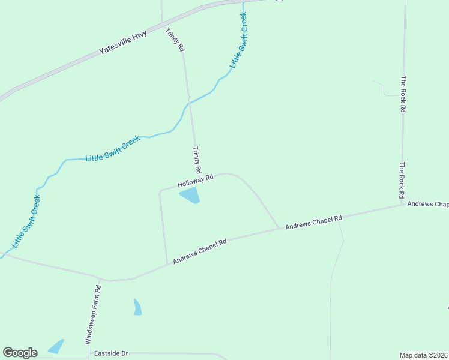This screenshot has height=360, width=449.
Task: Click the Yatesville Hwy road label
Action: pyautogui.click(x=123, y=43)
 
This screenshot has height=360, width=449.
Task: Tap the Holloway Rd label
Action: pyautogui.click(x=196, y=181)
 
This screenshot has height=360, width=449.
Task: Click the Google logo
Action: pyautogui.click(x=20, y=353)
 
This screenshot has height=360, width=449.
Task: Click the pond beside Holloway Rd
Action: pyautogui.click(x=190, y=195)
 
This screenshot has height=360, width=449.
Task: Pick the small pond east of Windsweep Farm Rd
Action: pyautogui.click(x=137, y=307)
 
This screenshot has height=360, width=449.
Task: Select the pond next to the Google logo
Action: pyautogui.click(x=56, y=347)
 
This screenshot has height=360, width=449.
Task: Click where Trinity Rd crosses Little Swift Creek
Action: pyautogui.click(x=189, y=104)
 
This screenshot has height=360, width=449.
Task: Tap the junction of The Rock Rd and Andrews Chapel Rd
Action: pyautogui.click(x=402, y=205)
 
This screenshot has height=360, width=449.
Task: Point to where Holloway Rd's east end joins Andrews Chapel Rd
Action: pyautogui.click(x=279, y=228)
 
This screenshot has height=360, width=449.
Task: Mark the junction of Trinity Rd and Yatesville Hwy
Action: pyautogui.click(x=163, y=25)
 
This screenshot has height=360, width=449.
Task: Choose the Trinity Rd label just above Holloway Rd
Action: pyautogui.click(x=196, y=160)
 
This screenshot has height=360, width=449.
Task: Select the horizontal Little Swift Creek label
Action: pyautogui.click(x=113, y=149)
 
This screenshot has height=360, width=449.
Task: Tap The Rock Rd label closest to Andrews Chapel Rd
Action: pyautogui.click(x=402, y=181)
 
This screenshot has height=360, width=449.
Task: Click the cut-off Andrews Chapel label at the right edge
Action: pyautogui.click(x=428, y=204)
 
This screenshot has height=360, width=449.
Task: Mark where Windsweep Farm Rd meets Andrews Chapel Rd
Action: pyautogui.click(x=98, y=278)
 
